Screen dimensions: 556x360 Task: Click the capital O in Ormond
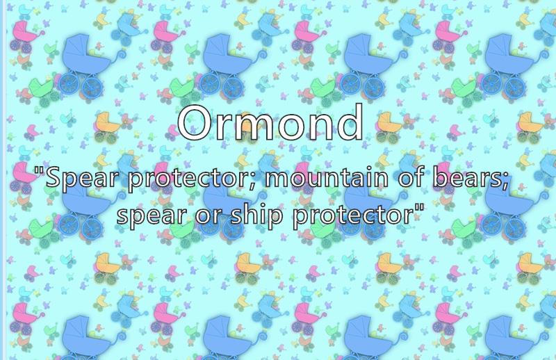[195, 122]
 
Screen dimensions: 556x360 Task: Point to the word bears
[468, 177]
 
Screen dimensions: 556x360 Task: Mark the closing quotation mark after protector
[419, 208]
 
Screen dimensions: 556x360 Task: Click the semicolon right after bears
[507, 181]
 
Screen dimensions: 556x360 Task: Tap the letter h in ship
[252, 213]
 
